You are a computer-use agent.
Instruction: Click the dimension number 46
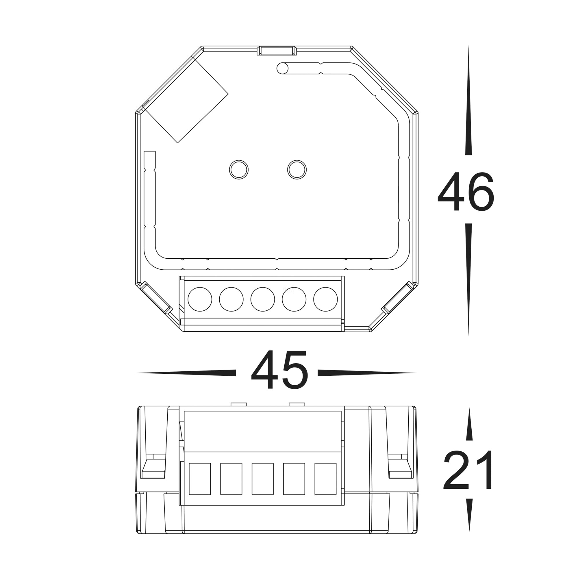pos(466,192)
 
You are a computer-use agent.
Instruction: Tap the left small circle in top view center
pos(239,170)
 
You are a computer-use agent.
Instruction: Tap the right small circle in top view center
pos(297,170)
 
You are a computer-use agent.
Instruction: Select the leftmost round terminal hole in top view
pos(200,299)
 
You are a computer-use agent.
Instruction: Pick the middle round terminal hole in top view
pos(263,299)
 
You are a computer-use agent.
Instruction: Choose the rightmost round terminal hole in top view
pos(325,299)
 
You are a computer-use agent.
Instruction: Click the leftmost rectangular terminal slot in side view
pos(200,479)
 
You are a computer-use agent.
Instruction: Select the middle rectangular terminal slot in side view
pos(263,479)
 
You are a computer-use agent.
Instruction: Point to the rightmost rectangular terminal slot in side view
pos(325,479)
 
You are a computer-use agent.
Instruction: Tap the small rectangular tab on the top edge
pos(276,51)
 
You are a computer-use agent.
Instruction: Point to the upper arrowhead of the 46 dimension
pos(468,102)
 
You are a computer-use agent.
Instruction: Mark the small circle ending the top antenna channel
pos(282,68)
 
